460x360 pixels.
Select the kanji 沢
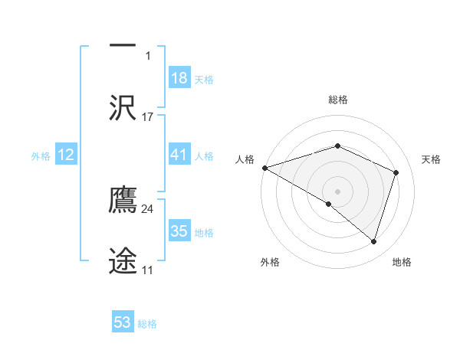pos(123,107)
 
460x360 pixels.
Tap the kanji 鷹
pos(123,200)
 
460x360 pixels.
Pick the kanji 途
pos(123,260)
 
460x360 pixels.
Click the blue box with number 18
pos(179,78)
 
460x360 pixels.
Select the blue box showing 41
pos(179,155)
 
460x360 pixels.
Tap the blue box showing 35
pos(179,231)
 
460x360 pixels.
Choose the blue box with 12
pos(66,155)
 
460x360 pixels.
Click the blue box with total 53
pos(123,322)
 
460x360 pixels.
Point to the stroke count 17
pos(148,117)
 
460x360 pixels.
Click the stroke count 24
pos(148,209)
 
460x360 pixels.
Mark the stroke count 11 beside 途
pos(148,270)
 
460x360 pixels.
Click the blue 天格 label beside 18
pos(204,79)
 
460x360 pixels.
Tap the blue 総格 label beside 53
pos(147,323)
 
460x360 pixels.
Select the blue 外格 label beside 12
pos(41,155)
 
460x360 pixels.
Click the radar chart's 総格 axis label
pos(338,100)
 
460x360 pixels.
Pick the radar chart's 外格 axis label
pos(270,262)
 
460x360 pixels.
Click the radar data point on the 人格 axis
pos(264,168)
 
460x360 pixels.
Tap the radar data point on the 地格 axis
pos(374,242)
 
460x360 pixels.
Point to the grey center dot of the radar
pos(338,191)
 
